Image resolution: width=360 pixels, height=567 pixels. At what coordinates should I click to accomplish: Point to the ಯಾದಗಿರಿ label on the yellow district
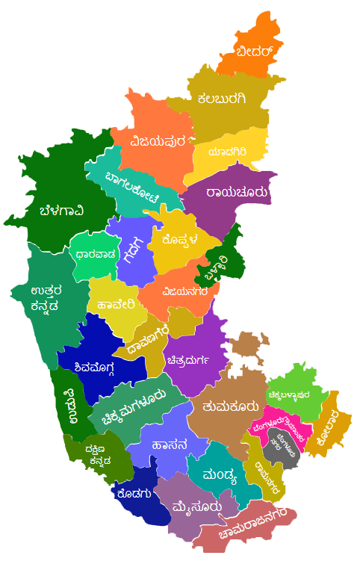point(228,152)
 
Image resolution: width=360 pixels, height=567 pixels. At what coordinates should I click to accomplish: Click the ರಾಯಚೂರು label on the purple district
point(237,193)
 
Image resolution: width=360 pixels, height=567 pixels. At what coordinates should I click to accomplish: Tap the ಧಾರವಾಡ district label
point(96,254)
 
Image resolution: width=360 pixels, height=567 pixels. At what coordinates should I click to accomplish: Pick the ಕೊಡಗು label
point(134,493)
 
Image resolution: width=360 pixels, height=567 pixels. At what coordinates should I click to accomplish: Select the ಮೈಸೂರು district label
point(196,508)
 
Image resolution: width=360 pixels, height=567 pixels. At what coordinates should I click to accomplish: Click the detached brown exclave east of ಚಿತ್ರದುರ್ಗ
point(246,344)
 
